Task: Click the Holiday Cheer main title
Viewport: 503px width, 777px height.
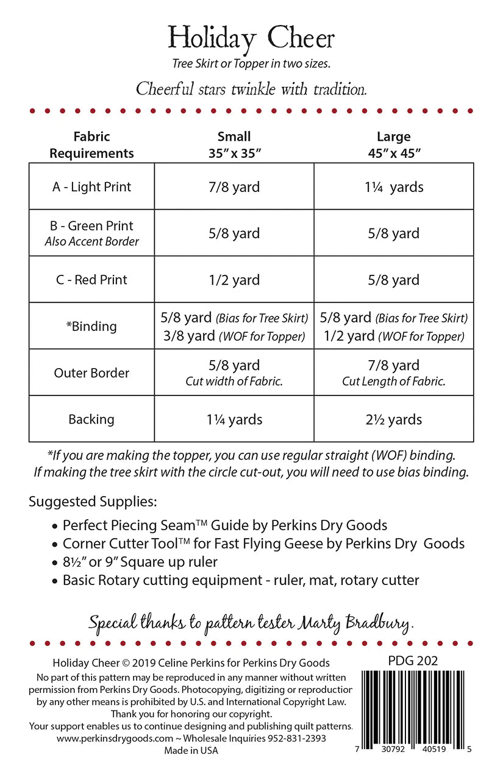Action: pyautogui.click(x=251, y=38)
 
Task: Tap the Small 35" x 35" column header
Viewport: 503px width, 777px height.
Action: pyautogui.click(x=234, y=144)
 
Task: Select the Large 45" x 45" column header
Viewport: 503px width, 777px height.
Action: pyautogui.click(x=393, y=144)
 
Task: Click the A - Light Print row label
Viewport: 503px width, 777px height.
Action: pyautogui.click(x=91, y=187)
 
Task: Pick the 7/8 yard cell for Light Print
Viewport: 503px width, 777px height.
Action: pyautogui.click(x=234, y=187)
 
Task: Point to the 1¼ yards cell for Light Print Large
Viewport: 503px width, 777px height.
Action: pyautogui.click(x=393, y=187)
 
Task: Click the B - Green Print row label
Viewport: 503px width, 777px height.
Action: pyautogui.click(x=91, y=226)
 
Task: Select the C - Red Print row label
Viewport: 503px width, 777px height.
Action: pyautogui.click(x=91, y=280)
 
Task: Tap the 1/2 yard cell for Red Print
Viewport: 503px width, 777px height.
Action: pyautogui.click(x=234, y=280)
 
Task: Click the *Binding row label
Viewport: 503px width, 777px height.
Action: pyautogui.click(x=91, y=326)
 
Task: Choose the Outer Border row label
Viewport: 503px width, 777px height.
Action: pyautogui.click(x=91, y=373)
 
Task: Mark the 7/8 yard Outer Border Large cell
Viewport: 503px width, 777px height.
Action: pyautogui.click(x=393, y=366)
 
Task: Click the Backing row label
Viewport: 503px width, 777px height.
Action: pyautogui.click(x=91, y=419)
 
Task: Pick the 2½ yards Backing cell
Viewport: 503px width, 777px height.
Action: pyautogui.click(x=393, y=419)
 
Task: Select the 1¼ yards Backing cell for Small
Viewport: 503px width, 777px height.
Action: pyautogui.click(x=234, y=419)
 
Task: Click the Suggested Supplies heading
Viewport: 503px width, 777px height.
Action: pyautogui.click(x=93, y=502)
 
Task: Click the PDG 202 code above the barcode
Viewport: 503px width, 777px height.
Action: pyautogui.click(x=413, y=661)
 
